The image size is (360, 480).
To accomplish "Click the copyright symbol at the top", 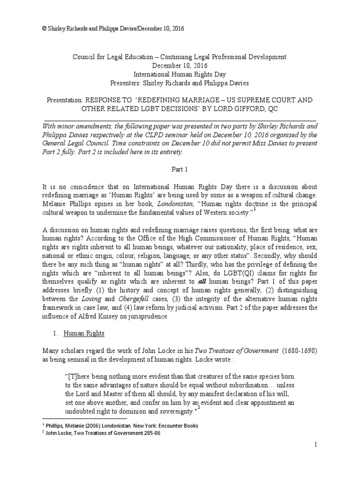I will pyautogui.click(x=45, y=29).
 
